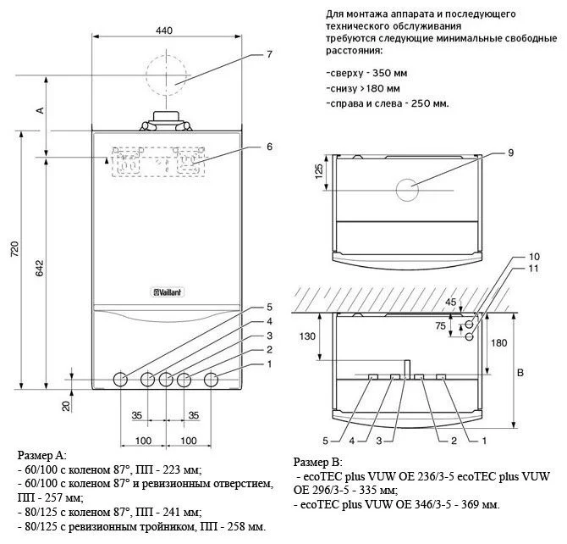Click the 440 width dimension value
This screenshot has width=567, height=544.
click(164, 31)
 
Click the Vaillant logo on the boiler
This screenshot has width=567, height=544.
click(167, 293)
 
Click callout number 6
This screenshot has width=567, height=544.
click(268, 147)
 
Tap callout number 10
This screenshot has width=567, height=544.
click(509, 256)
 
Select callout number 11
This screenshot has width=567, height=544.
click(509, 269)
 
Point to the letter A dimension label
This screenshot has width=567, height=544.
click(39, 110)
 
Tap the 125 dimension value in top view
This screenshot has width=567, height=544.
click(318, 170)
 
